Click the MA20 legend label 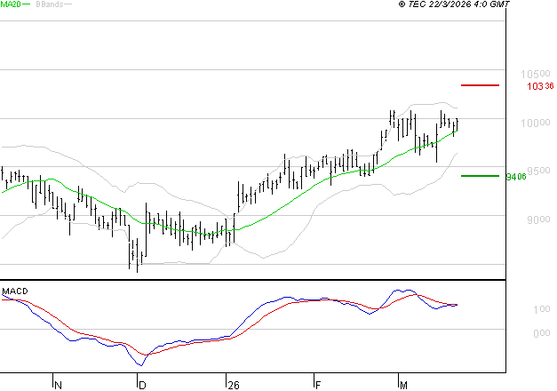(11, 4)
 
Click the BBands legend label (48, 4)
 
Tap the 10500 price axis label (531, 75)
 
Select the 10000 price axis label (531, 123)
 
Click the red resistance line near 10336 (481, 85)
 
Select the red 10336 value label (540, 87)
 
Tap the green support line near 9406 (480, 176)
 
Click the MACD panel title (14, 291)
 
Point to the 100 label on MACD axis (516, 309)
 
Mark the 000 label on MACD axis (516, 334)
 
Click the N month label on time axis (58, 385)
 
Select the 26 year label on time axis (233, 385)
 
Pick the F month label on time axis (317, 385)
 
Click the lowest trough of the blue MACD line (139, 365)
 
